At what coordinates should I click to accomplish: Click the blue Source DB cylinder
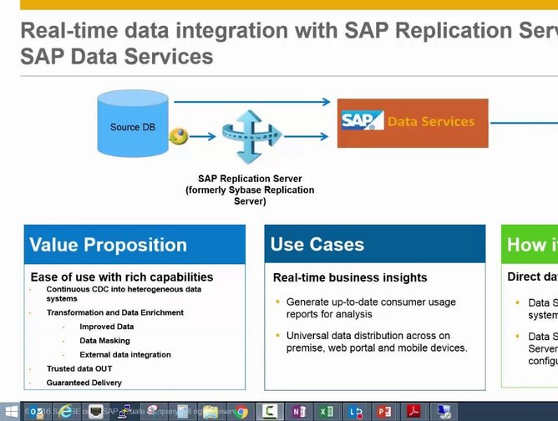[132, 127]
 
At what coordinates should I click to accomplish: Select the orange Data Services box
[412, 123]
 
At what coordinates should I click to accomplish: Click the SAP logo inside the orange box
[362, 120]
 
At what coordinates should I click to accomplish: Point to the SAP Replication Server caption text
[250, 190]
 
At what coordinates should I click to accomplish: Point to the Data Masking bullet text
[104, 341]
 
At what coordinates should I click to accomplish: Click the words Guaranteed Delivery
[84, 383]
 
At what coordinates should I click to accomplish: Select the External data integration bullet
[124, 354]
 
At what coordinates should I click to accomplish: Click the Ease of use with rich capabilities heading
[122, 276]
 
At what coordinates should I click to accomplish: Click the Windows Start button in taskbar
[11, 411]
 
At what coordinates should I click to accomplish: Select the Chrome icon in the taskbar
[241, 411]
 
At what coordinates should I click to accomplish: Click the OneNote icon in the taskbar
[298, 411]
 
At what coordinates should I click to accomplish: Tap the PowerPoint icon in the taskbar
[383, 411]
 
